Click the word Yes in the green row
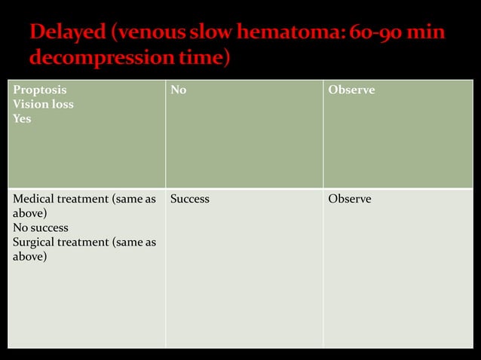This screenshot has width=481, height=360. (x=22, y=118)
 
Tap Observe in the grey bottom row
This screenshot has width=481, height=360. (x=350, y=200)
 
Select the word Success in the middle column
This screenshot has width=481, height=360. (x=190, y=200)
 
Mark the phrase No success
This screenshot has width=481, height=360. (x=41, y=227)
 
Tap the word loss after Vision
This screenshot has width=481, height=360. (x=61, y=105)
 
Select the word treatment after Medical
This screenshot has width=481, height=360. (x=84, y=200)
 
